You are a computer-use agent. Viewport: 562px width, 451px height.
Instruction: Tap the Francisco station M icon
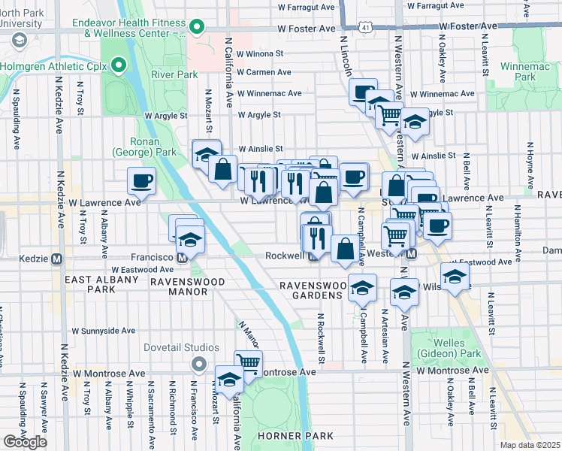click(183, 259)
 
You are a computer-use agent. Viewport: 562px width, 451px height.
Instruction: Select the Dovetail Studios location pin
click(198, 365)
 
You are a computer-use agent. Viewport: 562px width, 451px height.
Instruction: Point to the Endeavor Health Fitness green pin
click(197, 29)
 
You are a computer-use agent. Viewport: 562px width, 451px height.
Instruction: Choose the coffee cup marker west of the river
click(141, 181)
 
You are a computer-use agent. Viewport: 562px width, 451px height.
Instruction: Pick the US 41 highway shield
click(364, 27)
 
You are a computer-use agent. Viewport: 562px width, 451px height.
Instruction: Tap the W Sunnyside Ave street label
click(103, 330)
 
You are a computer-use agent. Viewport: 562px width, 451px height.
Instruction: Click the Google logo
click(26, 441)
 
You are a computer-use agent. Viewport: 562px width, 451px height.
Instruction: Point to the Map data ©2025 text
click(530, 445)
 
